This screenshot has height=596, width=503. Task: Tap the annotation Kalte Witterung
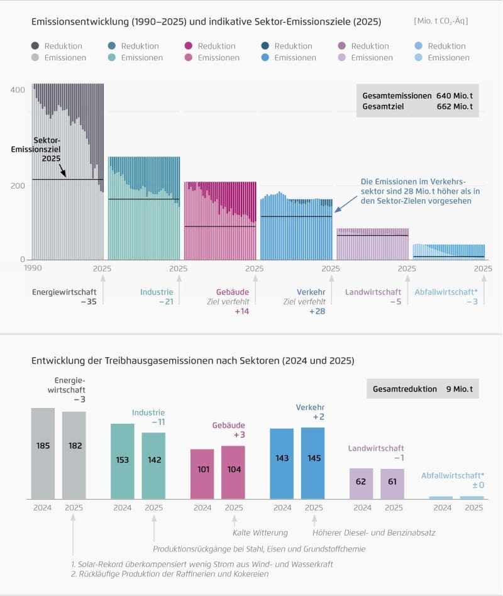(x=260, y=533)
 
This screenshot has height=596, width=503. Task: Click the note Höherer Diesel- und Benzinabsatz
(x=373, y=533)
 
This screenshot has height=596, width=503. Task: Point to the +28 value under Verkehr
(x=317, y=311)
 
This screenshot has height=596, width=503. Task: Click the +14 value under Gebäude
(x=241, y=311)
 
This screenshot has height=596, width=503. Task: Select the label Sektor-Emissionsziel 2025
(x=39, y=150)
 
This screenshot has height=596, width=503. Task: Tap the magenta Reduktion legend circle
(x=188, y=46)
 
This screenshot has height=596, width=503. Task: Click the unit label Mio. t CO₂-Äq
(x=441, y=21)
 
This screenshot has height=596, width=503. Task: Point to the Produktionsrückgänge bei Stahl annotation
(x=258, y=549)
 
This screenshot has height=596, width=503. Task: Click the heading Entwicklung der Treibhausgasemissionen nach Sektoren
(x=193, y=361)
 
